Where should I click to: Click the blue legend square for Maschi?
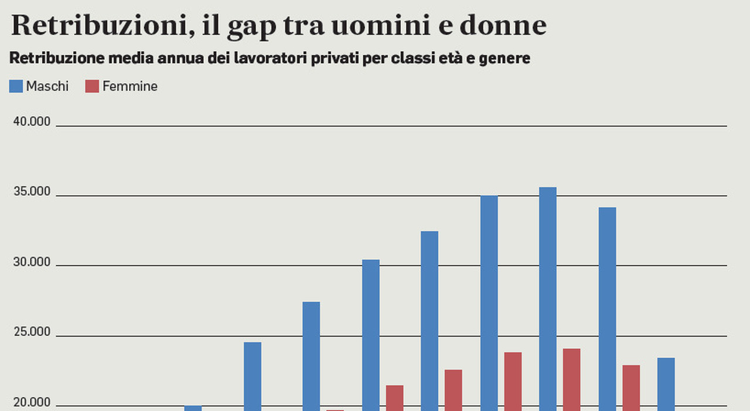16,86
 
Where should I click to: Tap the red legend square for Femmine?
92,86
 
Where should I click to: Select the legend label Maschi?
47,86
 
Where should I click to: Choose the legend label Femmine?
129,86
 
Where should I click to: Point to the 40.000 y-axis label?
31,122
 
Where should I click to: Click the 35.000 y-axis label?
31,192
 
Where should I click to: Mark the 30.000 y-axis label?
31,262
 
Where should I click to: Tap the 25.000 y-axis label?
31,332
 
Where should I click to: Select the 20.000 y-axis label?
31,403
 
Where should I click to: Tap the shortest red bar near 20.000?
335,410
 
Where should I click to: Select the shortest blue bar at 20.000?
193,408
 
